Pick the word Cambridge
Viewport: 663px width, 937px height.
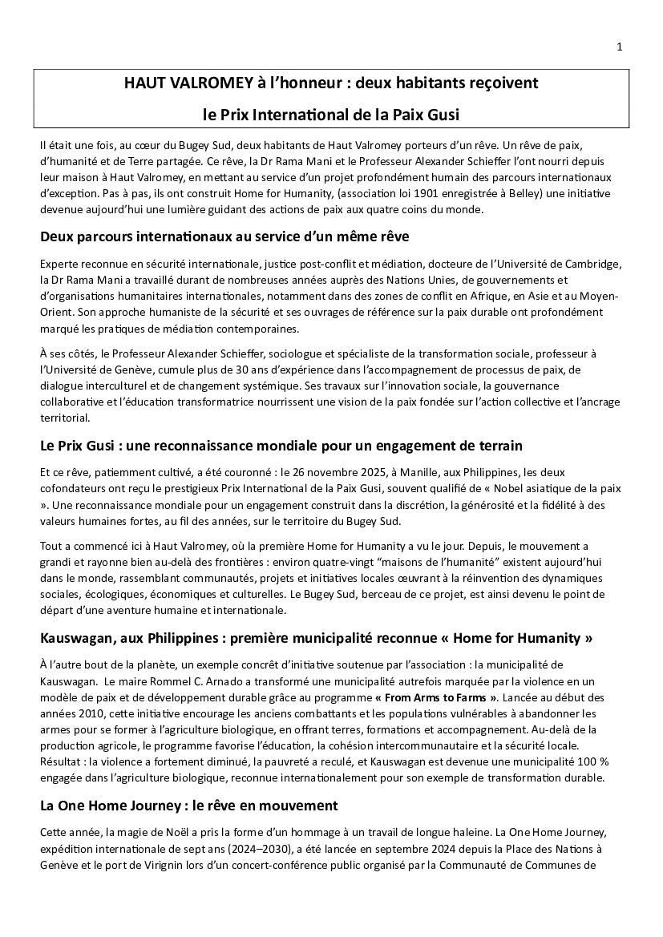coord(592,264)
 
